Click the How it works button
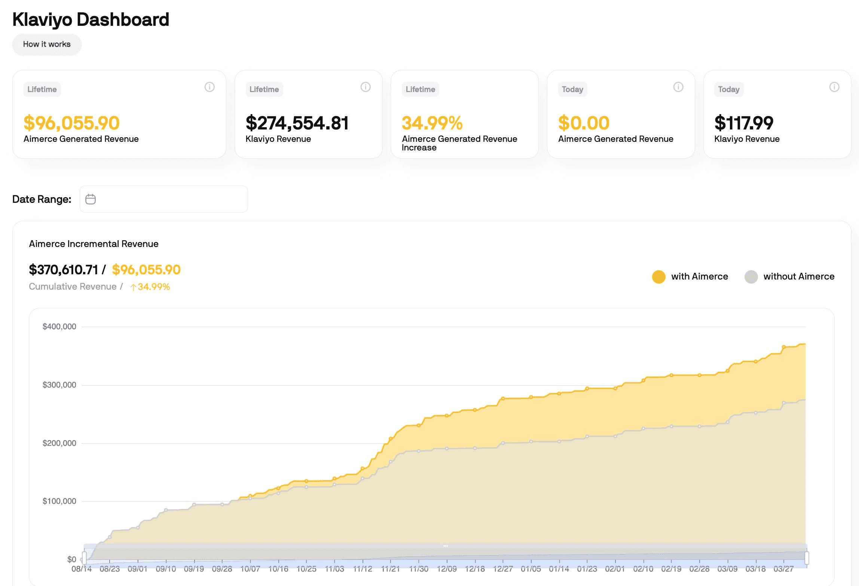(47, 44)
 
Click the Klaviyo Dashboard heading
(91, 19)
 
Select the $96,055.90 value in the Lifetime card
(71, 123)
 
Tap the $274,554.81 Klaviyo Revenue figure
(297, 123)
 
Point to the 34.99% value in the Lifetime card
(432, 123)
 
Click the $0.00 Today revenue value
(584, 123)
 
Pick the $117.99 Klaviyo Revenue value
(743, 123)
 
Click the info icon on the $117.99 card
(834, 87)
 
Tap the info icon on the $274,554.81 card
(366, 87)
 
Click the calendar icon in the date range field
(91, 199)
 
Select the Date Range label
(42, 199)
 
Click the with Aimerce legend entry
(690, 277)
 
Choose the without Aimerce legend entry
(789, 277)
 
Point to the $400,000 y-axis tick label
(59, 327)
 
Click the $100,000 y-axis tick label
(59, 501)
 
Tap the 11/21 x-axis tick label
(390, 569)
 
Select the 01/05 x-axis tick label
(531, 569)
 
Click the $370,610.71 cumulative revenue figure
(64, 269)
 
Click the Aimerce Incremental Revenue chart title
(94, 244)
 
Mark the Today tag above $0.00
(572, 89)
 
